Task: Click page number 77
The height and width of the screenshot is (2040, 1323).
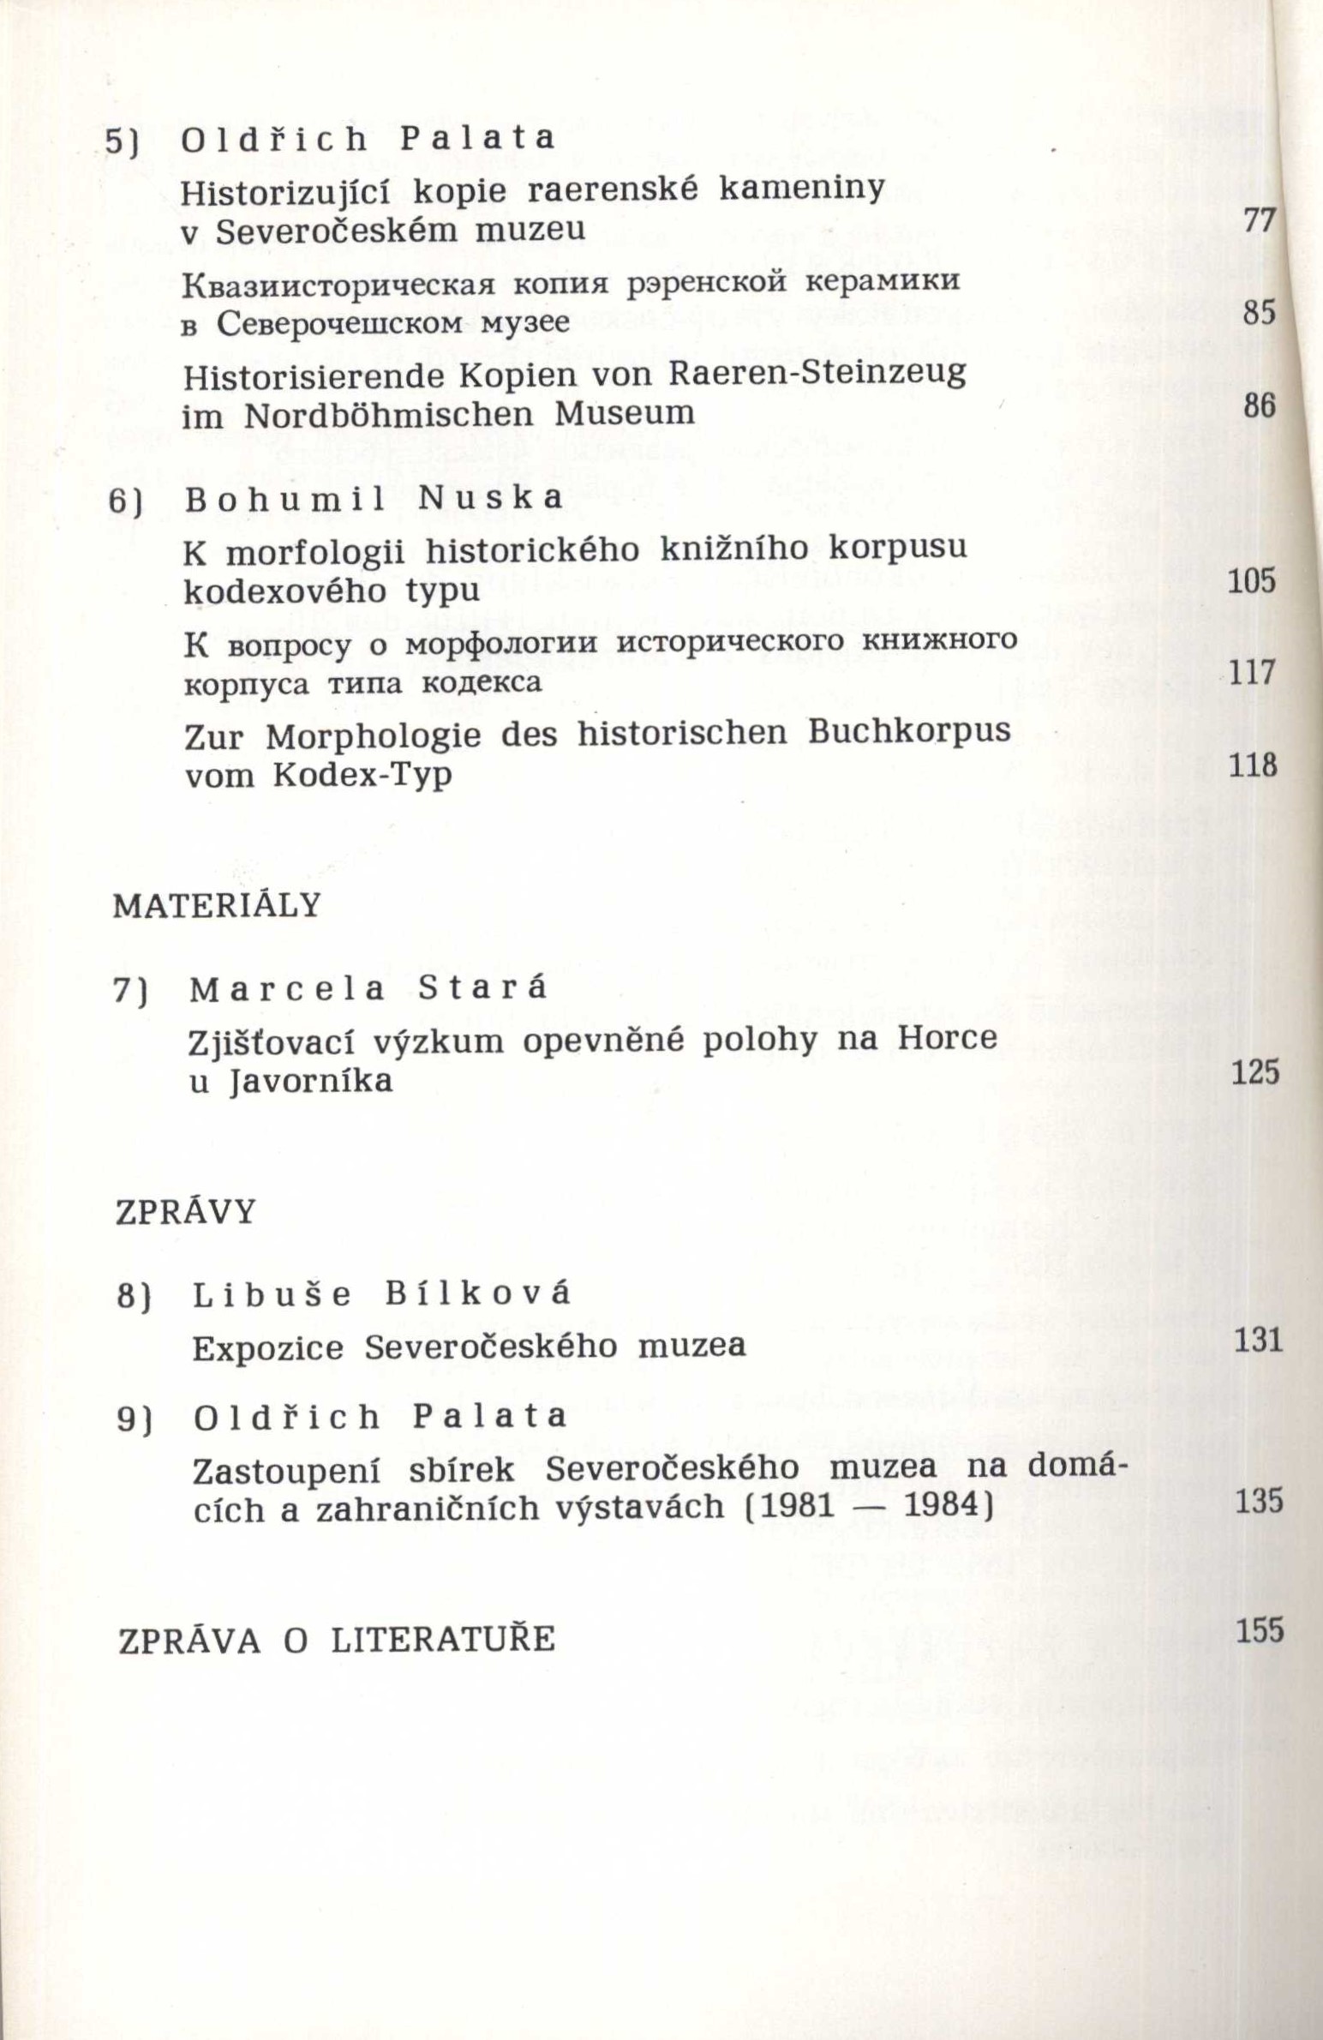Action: (x=1259, y=222)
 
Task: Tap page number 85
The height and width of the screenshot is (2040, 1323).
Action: (x=1260, y=313)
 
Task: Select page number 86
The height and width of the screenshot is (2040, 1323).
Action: (x=1260, y=405)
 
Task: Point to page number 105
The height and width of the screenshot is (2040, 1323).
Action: (x=1252, y=582)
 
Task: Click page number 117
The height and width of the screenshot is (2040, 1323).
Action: (x=1253, y=673)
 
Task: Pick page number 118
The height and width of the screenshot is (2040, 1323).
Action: (x=1253, y=765)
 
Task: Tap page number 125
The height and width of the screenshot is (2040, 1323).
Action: (x=1254, y=1072)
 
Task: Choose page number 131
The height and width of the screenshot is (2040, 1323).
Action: (x=1259, y=1341)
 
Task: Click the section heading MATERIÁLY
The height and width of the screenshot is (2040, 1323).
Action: (x=217, y=906)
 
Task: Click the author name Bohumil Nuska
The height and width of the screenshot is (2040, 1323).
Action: (x=374, y=499)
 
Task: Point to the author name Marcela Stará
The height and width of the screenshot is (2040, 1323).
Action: (x=368, y=990)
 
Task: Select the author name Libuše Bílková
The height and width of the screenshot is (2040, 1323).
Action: (x=381, y=1295)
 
